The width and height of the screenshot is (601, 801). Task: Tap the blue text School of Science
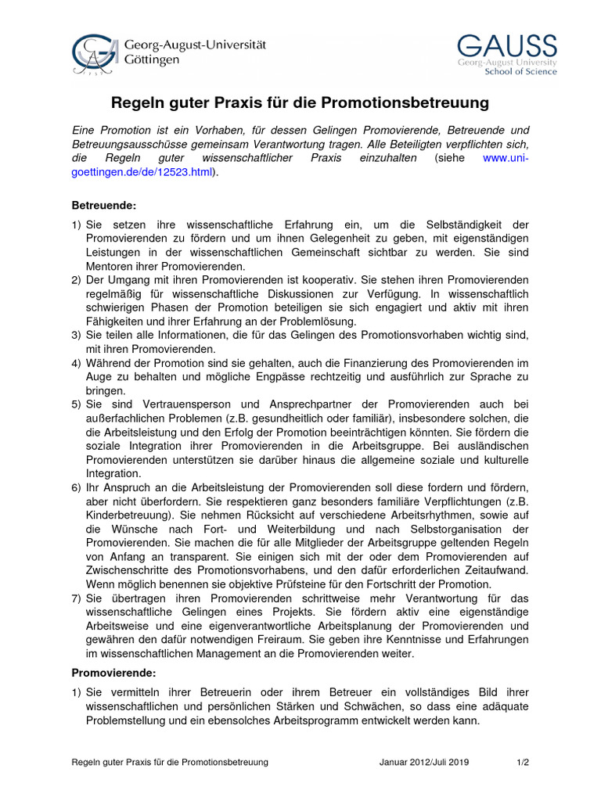point(521,72)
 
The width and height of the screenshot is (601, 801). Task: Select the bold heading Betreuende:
point(104,206)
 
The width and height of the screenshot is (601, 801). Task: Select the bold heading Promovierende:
point(114,673)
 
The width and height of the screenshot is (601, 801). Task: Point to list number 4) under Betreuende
point(77,364)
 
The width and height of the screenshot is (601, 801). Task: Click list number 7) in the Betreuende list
point(77,598)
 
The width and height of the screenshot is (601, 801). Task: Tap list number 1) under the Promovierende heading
point(77,693)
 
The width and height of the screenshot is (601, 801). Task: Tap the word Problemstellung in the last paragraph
point(129,720)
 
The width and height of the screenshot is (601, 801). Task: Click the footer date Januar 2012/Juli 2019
point(423,762)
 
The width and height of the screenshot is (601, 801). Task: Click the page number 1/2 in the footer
point(523,762)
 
